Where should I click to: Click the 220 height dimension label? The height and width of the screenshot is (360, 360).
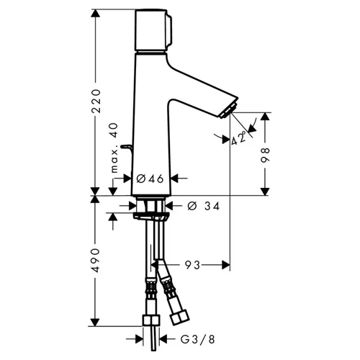tap(96, 101)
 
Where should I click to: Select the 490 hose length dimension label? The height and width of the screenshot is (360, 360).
tap(96, 261)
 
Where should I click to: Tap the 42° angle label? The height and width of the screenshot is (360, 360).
tap(239, 138)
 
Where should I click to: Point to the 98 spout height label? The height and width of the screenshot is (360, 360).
tap(266, 156)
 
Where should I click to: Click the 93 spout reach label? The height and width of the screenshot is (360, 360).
tap(192, 265)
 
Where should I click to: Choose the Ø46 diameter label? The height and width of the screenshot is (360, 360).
tap(150, 179)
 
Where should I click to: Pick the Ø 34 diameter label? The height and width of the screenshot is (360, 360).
tap(204, 206)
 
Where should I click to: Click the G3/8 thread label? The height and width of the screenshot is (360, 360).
tap(198, 339)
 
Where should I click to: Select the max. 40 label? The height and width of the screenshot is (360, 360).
tap(114, 148)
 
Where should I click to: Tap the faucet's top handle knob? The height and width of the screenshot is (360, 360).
tap(153, 30)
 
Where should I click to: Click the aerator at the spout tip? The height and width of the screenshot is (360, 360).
tap(228, 111)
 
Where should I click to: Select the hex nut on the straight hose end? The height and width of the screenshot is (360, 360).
tap(151, 320)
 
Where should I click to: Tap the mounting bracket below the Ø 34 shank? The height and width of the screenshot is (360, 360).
tap(151, 216)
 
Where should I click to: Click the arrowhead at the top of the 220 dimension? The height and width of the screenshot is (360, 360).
tap(96, 14)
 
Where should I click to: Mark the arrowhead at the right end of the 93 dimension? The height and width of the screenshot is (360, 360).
tap(226, 265)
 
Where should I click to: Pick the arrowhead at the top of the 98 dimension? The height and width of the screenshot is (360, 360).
tap(265, 117)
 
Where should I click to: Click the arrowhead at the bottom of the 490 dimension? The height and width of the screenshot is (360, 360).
tap(96, 322)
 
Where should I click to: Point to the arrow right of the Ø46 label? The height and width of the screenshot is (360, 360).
tap(179, 179)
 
